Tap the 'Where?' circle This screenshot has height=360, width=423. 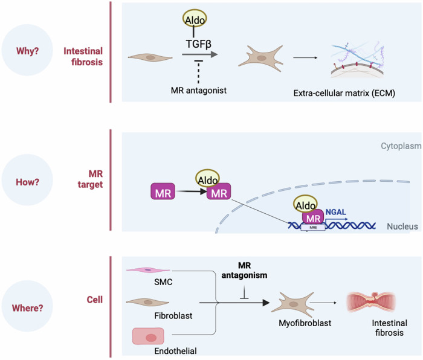pos(27,307)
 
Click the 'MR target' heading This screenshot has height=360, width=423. pos(85,179)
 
